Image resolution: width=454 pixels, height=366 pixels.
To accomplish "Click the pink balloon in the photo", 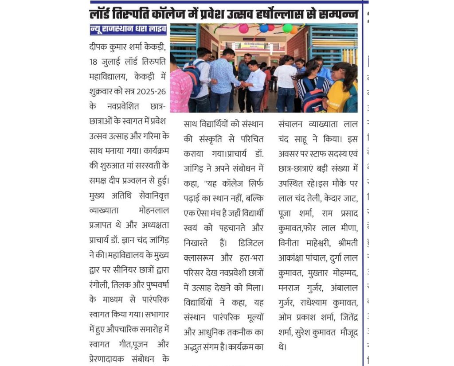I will point(243,29).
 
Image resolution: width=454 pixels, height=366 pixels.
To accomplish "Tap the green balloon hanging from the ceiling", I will point(287,28).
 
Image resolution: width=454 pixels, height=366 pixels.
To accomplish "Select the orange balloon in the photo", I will point(294,30).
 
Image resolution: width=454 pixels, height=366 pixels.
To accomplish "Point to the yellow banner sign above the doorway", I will point(252,45).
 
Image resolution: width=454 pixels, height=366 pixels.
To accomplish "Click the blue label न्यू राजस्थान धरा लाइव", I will point(128,30).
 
